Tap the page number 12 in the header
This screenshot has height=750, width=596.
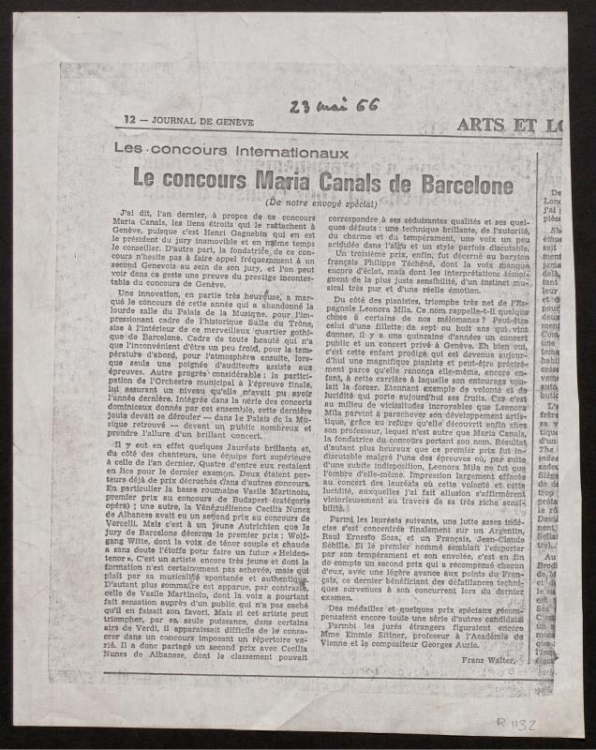(x=130, y=119)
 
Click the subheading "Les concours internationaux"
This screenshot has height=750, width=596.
(x=231, y=151)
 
